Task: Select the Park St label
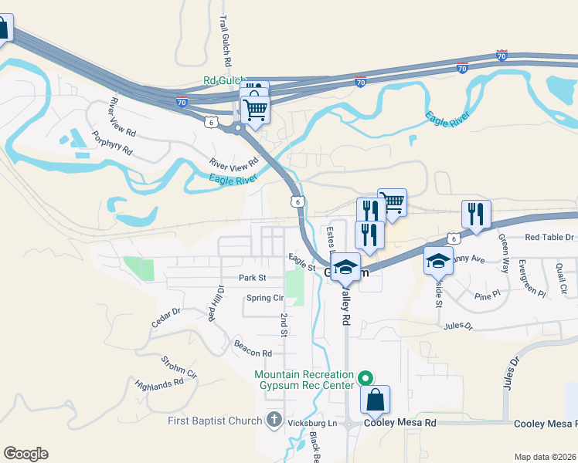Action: [x=252, y=278]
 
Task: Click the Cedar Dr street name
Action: [x=165, y=318]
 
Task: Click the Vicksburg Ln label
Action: [x=318, y=424]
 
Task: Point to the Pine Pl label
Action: [x=488, y=295]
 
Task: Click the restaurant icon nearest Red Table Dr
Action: [x=476, y=214]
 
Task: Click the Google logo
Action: [x=25, y=454]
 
